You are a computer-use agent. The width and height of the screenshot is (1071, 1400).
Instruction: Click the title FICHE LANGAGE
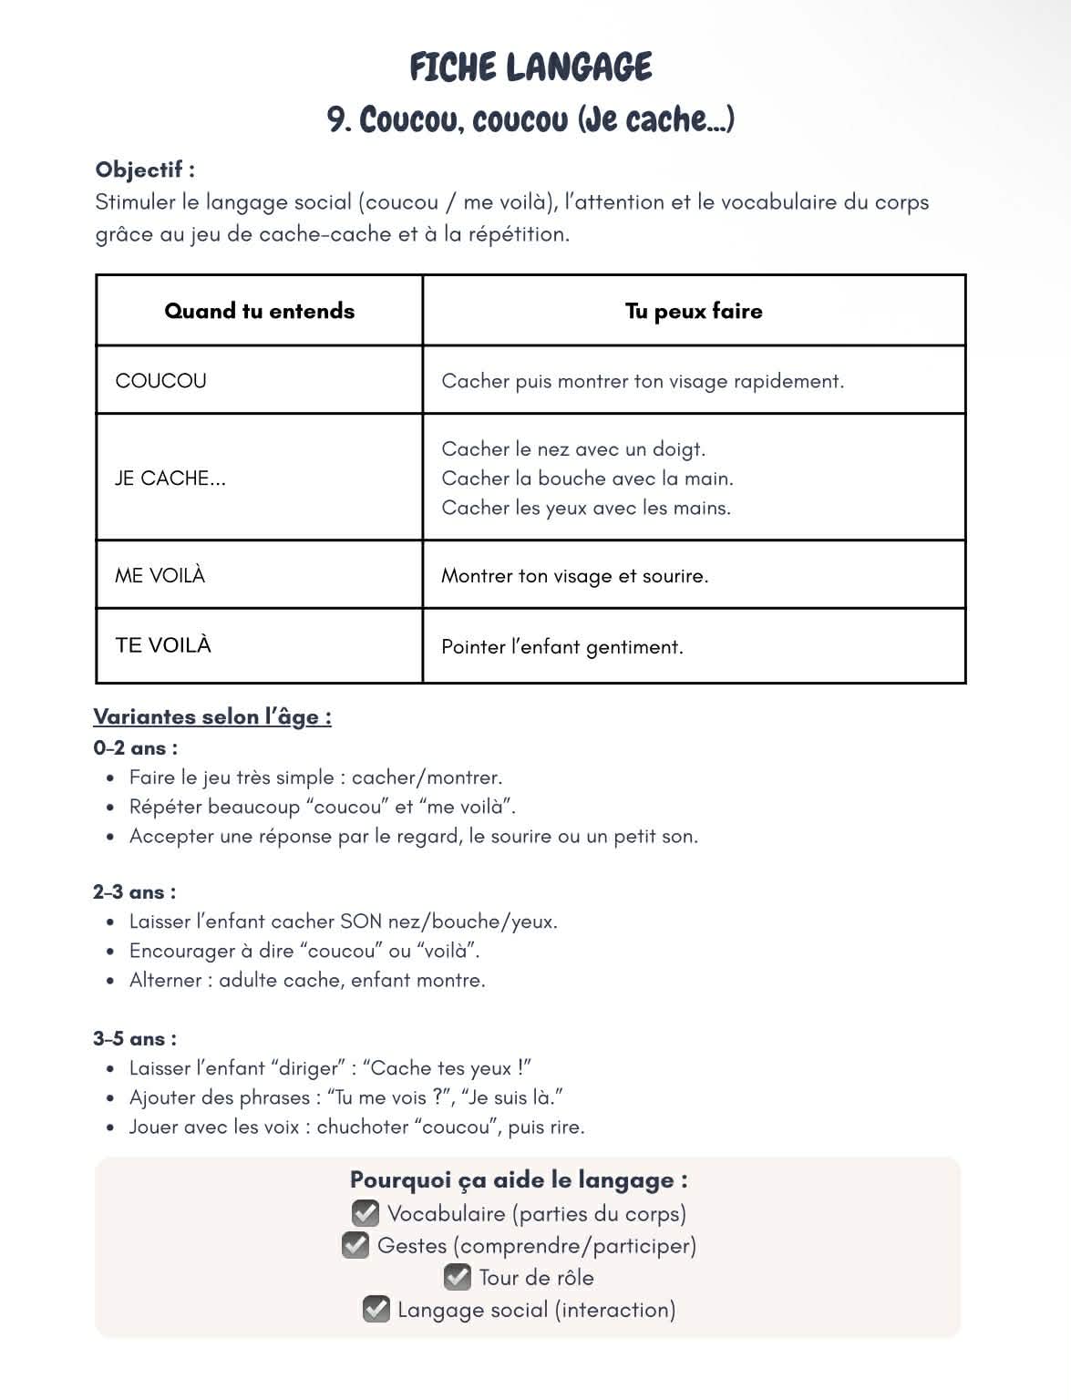click(x=530, y=67)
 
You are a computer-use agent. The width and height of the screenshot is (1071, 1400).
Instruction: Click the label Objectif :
click(x=145, y=170)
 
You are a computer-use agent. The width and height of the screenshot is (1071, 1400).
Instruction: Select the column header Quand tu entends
click(x=259, y=311)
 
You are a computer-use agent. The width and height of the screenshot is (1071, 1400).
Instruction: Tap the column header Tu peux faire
click(x=694, y=311)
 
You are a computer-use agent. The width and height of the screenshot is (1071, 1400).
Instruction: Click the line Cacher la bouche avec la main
click(x=587, y=478)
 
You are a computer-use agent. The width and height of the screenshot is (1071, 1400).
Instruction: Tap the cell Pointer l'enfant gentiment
click(x=561, y=647)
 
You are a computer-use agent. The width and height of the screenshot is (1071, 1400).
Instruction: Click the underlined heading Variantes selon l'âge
click(x=212, y=716)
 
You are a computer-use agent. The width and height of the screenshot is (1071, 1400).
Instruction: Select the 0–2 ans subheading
click(x=135, y=748)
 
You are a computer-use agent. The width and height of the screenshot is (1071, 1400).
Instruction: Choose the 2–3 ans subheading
click(x=134, y=892)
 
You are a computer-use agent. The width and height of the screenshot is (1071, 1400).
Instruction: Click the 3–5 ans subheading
click(x=135, y=1039)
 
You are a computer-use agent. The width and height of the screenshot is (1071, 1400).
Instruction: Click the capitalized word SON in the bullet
click(x=361, y=921)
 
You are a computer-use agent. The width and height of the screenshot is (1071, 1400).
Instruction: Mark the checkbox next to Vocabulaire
click(x=366, y=1213)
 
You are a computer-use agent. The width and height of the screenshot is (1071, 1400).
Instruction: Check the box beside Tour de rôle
click(x=458, y=1277)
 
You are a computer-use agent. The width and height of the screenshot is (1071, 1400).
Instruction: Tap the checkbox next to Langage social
click(x=376, y=1309)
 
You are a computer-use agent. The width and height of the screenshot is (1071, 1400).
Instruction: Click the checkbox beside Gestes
click(x=355, y=1245)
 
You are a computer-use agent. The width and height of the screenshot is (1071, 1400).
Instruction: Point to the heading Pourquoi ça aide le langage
click(x=519, y=1179)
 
